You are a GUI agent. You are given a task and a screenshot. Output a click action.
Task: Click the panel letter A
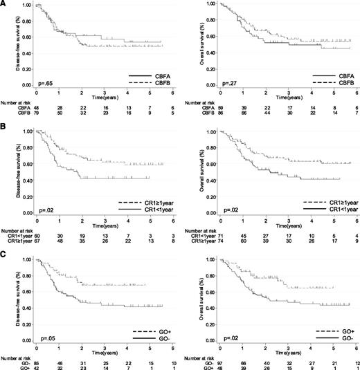(x=3, y=3)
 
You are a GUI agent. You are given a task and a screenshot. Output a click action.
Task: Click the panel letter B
(x=3, y=126)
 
